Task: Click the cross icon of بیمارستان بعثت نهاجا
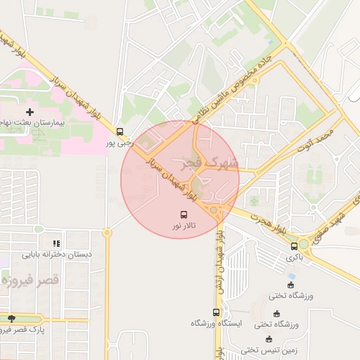(30, 112)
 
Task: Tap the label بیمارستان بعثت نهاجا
(32, 123)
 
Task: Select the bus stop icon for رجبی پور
(120, 131)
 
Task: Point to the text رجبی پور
(119, 143)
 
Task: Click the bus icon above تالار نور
(184, 214)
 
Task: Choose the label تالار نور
(185, 226)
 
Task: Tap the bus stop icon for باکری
(295, 246)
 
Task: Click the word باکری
(295, 257)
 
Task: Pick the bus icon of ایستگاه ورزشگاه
(216, 312)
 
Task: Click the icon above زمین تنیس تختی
(269, 339)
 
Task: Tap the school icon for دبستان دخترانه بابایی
(56, 243)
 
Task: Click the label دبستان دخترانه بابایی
(56, 255)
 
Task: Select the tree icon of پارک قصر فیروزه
(10, 319)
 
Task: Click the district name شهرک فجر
(213, 165)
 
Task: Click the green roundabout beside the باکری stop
(304, 245)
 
